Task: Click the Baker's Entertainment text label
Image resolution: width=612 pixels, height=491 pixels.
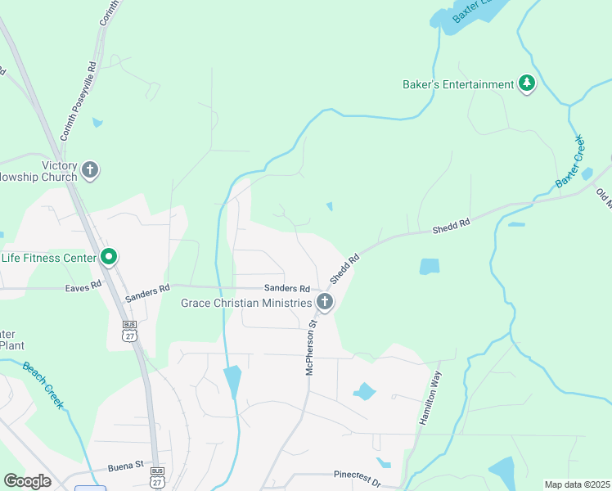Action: [x=458, y=84]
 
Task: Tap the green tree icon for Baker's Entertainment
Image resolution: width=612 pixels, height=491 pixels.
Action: [x=528, y=84]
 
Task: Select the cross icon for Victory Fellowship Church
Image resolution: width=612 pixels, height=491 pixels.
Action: [x=90, y=171]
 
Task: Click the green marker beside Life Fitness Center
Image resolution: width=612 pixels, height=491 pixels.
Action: [x=109, y=258]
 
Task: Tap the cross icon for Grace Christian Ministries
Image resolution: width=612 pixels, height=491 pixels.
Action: [x=325, y=303]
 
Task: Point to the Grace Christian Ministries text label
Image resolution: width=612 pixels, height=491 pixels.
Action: [x=245, y=303]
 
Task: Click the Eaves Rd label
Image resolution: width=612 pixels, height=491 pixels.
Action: [x=83, y=288]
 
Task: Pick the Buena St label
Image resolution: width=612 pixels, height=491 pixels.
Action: [x=125, y=469]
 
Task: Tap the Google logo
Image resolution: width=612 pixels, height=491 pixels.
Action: [x=27, y=481]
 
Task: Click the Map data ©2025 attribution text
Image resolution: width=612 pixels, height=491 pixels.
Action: [x=576, y=484]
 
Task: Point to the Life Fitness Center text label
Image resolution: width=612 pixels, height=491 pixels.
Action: [x=48, y=258]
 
